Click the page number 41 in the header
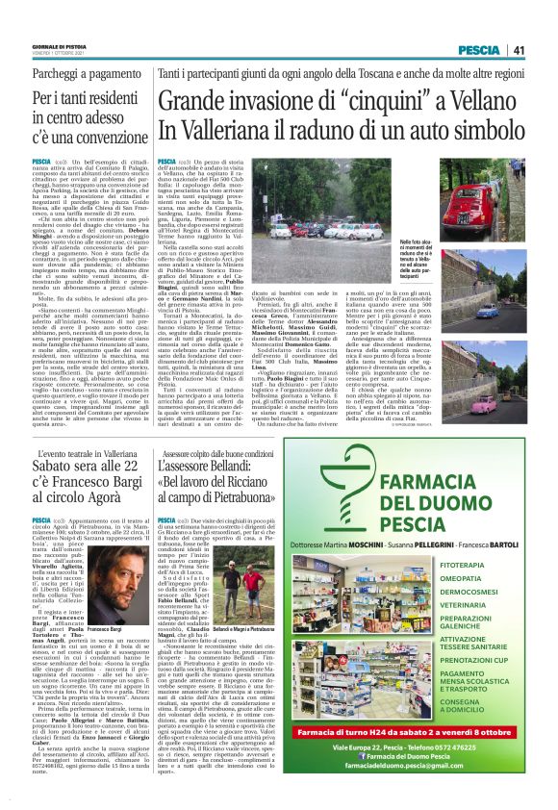click(x=519, y=49)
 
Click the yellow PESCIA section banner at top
click(x=479, y=49)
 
